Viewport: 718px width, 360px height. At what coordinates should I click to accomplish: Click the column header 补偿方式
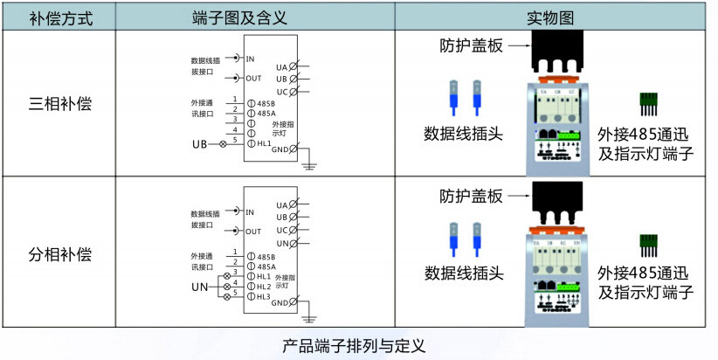click(x=60, y=17)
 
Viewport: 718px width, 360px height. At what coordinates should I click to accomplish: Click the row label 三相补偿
click(x=60, y=104)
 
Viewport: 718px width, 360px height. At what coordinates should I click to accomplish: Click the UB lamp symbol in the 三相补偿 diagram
click(x=221, y=143)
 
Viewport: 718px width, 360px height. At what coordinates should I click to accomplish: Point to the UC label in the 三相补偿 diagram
click(x=281, y=91)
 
